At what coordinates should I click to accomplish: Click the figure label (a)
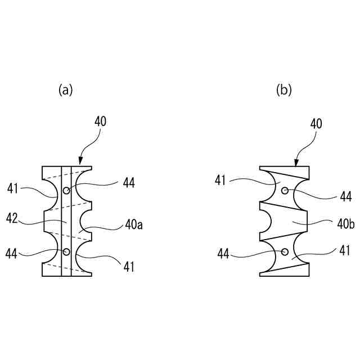click(x=66, y=90)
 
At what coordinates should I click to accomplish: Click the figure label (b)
click(x=284, y=90)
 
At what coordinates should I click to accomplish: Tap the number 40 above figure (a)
click(x=100, y=121)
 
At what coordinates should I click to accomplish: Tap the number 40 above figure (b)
click(x=316, y=124)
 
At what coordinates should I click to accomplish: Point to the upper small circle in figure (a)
click(x=66, y=191)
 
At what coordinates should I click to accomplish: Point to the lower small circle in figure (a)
click(x=66, y=251)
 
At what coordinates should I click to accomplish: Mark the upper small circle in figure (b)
click(x=285, y=191)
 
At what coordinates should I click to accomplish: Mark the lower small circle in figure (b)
click(x=285, y=251)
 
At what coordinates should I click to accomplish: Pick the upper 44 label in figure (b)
click(x=346, y=196)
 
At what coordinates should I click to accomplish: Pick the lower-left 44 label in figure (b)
click(x=223, y=254)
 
